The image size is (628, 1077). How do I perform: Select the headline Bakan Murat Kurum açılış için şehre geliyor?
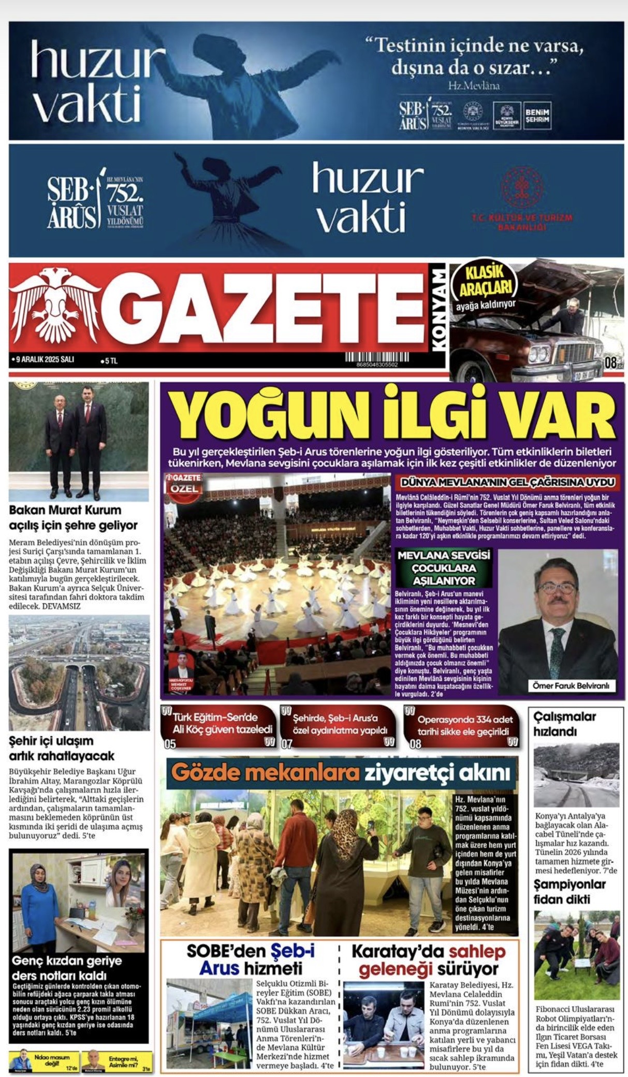pos(74,518)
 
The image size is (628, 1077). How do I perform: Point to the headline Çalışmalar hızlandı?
pos(565,724)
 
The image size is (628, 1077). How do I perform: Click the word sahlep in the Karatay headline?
pos(476,952)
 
